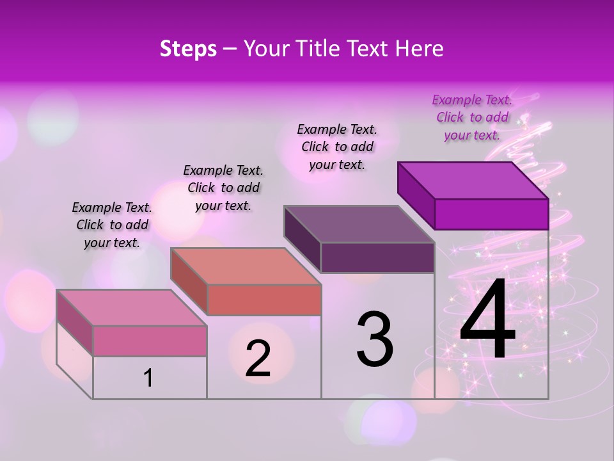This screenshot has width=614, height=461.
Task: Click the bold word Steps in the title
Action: pos(188,49)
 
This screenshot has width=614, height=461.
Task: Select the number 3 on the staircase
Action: pos(375,339)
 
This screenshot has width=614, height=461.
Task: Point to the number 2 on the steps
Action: pos(258,359)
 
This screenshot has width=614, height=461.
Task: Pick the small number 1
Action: pos(148,378)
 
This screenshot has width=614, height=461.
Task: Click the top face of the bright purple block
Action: pos(473,180)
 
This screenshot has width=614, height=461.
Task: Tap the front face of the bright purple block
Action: pos(491,214)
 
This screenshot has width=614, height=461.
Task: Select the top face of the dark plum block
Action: pos(359,224)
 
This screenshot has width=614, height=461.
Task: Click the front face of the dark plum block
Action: pos(377,258)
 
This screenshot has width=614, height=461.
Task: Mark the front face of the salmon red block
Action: pos(264,300)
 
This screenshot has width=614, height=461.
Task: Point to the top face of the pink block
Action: pos(132,308)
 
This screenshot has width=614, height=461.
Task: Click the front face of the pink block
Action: pos(150,341)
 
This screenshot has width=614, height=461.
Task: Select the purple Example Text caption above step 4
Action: pos(472,117)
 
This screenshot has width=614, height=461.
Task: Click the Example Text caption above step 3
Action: pos(337,147)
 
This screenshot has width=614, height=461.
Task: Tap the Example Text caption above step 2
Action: pos(223,188)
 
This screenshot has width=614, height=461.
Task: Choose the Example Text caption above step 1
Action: pos(112,225)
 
